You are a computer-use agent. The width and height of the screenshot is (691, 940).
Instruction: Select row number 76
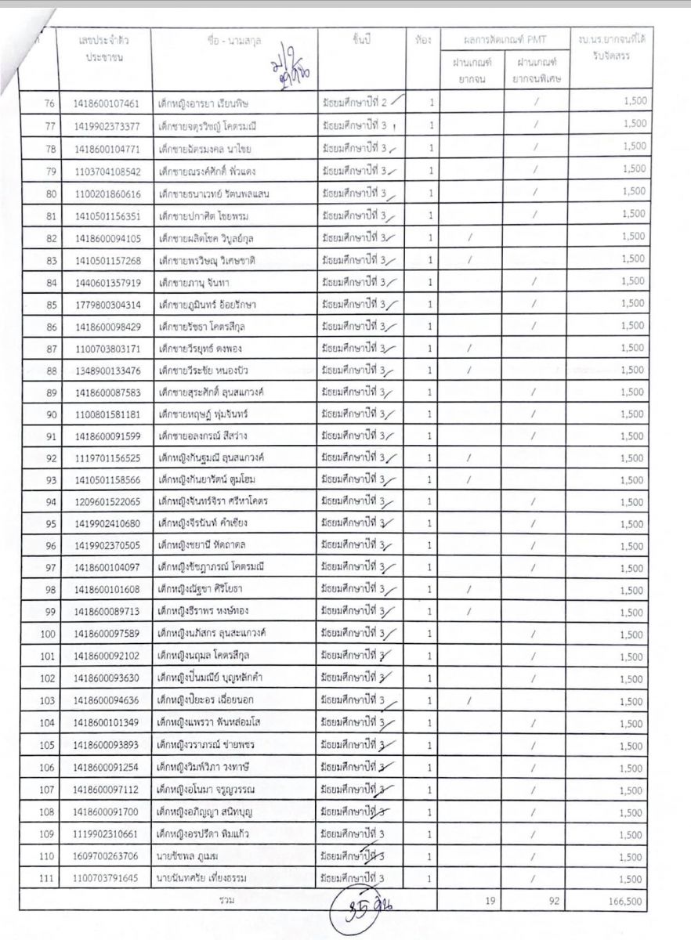(x=50, y=103)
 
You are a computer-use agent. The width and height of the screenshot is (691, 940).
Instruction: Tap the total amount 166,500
(x=624, y=902)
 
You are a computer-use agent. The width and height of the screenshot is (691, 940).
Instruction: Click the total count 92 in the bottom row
(x=553, y=901)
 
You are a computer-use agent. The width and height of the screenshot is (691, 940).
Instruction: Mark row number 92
(x=50, y=458)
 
